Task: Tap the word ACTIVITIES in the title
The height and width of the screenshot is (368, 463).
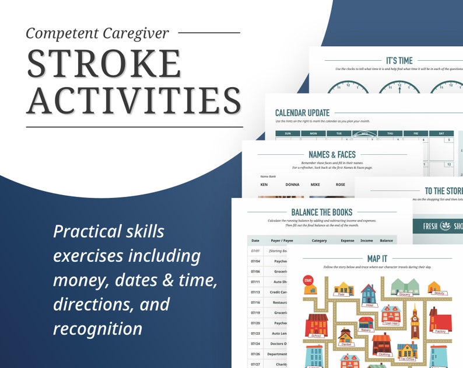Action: (x=134, y=100)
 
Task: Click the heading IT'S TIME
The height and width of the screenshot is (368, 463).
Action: (x=399, y=60)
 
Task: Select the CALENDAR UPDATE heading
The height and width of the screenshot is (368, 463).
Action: (x=302, y=113)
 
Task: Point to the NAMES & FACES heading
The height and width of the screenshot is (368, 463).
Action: (x=332, y=155)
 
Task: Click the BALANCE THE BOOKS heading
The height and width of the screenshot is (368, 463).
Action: (x=321, y=212)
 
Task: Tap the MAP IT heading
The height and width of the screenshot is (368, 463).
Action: (x=377, y=258)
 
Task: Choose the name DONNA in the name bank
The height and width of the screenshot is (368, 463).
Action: (x=292, y=185)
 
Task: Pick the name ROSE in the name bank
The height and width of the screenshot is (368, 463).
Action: (x=341, y=185)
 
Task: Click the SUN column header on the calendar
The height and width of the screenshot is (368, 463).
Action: (x=287, y=133)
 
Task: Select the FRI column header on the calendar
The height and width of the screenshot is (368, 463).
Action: (x=416, y=133)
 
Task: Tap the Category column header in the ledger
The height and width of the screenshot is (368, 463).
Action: (x=319, y=240)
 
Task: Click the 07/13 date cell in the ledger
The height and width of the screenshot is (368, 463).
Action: (x=255, y=291)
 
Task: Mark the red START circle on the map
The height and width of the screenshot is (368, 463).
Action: (x=308, y=282)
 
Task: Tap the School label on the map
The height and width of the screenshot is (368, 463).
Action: (x=317, y=336)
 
